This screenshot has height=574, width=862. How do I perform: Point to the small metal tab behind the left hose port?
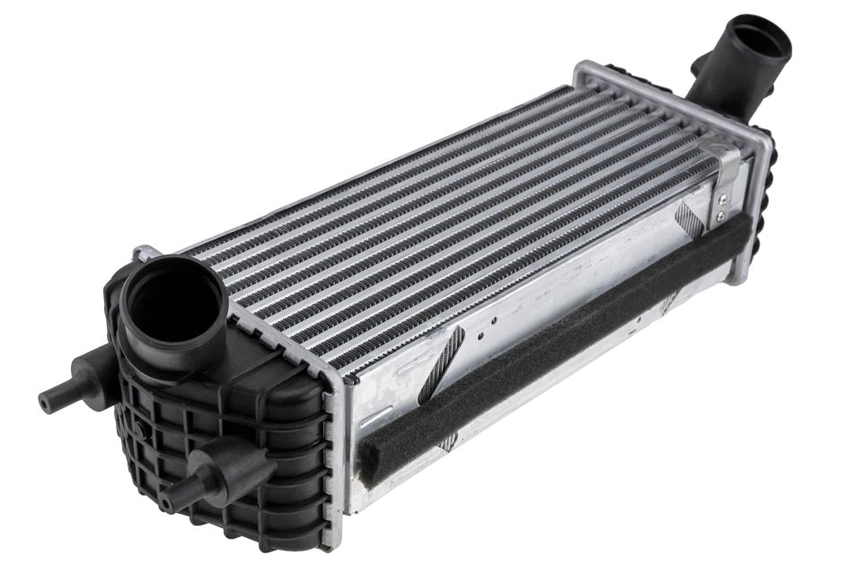144,254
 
